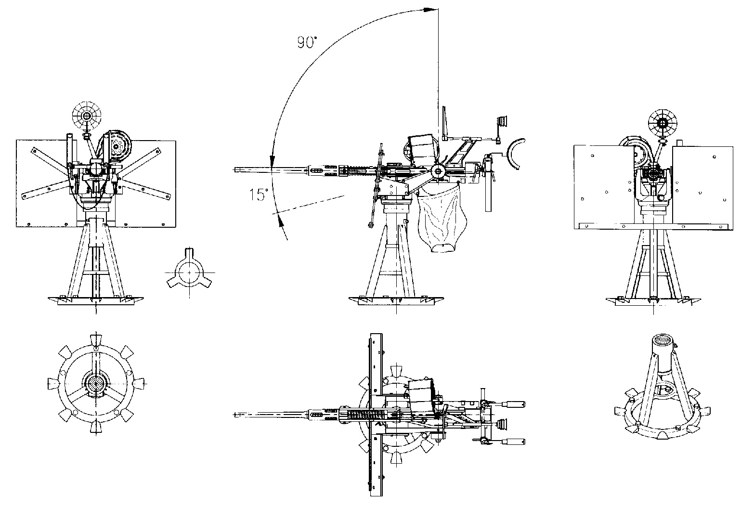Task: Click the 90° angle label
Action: click(x=307, y=43)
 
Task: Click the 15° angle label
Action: click(x=259, y=195)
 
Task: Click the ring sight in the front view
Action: click(x=87, y=116)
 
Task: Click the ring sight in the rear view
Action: click(x=662, y=123)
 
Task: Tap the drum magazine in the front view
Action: click(x=118, y=145)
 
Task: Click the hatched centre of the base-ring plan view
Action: click(x=96, y=384)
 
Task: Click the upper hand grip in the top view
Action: click(x=513, y=404)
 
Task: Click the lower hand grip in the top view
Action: click(x=513, y=442)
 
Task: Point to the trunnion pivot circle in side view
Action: click(x=439, y=171)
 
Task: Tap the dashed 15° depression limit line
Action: click(x=308, y=205)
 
